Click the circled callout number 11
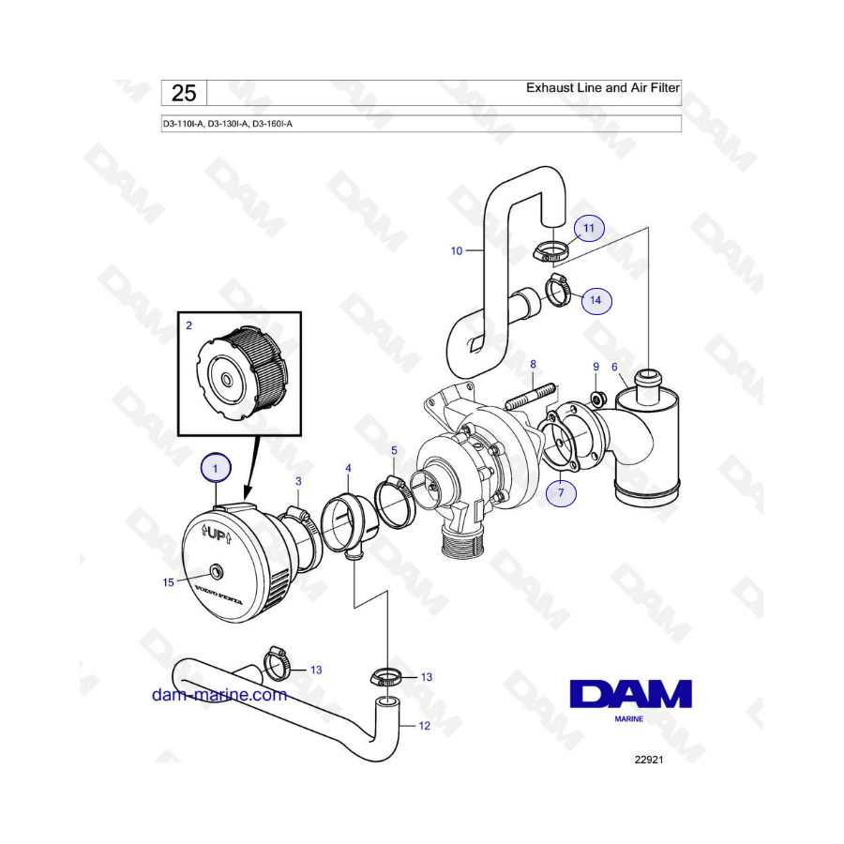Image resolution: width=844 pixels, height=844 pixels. pos(589,228)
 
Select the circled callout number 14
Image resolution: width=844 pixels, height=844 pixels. pos(595,300)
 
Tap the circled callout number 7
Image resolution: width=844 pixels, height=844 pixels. pos(561,492)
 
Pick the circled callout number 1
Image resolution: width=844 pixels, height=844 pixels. pos(216,468)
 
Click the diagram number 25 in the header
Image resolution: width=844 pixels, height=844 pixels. pos(184,93)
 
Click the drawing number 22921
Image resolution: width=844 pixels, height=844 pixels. pos(649,760)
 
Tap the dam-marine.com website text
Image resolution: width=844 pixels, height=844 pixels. pos(219,694)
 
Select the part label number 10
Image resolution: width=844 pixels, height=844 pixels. pos(457,250)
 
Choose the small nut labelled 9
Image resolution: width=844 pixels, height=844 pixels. pos(596,399)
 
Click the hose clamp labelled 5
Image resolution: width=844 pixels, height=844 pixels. pos(396,501)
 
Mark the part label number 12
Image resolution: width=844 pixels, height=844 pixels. pos(425,726)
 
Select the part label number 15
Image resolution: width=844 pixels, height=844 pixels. pos(169,582)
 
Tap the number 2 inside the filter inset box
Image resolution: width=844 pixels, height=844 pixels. pos(188,325)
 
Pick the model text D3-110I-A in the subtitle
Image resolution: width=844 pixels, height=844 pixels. pos(183,124)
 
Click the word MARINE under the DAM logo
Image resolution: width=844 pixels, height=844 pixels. pos(628,718)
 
